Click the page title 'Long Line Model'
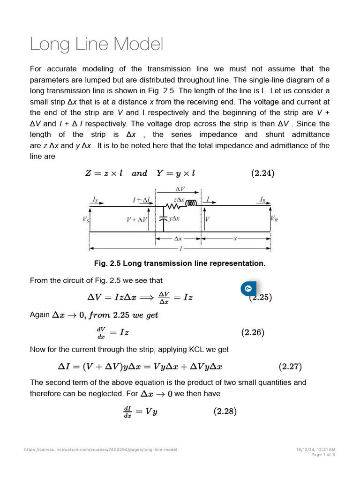(97, 45)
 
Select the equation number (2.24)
(262, 173)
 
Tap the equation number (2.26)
(253, 333)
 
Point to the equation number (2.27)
(290, 366)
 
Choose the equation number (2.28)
(225, 412)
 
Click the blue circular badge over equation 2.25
(248, 288)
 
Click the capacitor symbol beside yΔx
(163, 218)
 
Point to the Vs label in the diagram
(86, 219)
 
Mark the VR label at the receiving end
(274, 219)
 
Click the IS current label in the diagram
(95, 199)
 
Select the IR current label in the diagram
(263, 199)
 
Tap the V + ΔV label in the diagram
(136, 219)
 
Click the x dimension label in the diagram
(236, 238)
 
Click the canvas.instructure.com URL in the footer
(101, 450)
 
